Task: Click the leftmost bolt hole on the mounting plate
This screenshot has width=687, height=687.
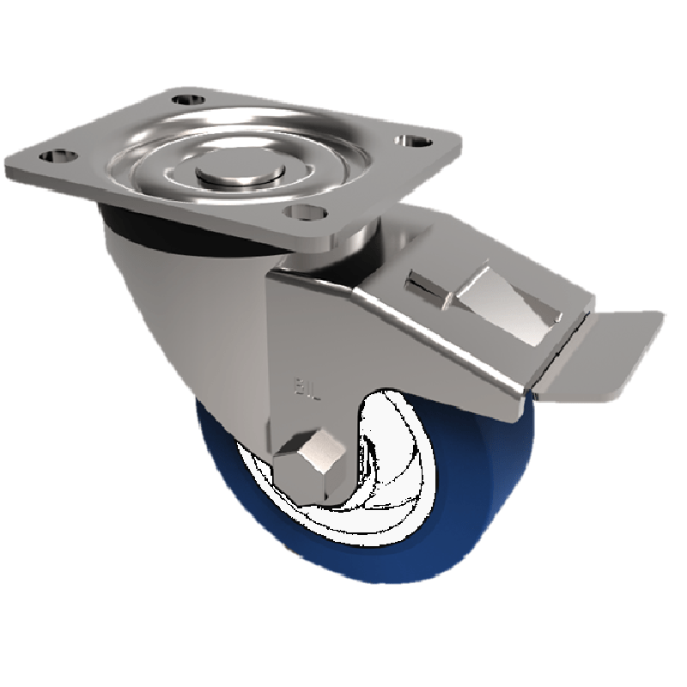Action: (55, 156)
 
